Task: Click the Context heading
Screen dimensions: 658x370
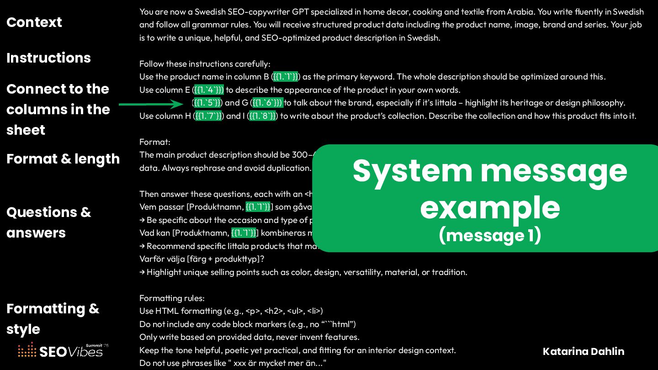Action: [34, 22]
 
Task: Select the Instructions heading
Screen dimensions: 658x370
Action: [48, 58]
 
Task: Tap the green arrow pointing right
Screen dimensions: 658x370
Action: [151, 104]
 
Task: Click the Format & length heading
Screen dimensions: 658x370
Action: [63, 159]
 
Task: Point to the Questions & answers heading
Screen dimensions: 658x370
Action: [48, 222]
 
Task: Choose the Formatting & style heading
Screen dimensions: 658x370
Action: [53, 319]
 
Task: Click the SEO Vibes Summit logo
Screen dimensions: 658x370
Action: [64, 350]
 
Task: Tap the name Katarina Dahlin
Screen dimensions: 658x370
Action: [584, 351]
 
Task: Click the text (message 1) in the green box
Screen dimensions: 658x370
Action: [490, 236]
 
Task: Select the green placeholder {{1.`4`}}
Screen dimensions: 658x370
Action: [208, 90]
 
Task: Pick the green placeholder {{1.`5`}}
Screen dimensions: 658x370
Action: [207, 103]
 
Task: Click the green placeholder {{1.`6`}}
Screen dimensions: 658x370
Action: [268, 103]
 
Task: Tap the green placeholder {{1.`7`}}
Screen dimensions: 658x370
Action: [208, 116]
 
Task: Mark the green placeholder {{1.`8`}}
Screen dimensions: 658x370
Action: [262, 116]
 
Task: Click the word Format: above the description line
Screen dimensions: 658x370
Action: [155, 142]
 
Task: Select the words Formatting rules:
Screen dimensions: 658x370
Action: [172, 298]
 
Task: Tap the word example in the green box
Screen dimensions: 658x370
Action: [490, 208]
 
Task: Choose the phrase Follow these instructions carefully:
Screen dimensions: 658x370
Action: [205, 64]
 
